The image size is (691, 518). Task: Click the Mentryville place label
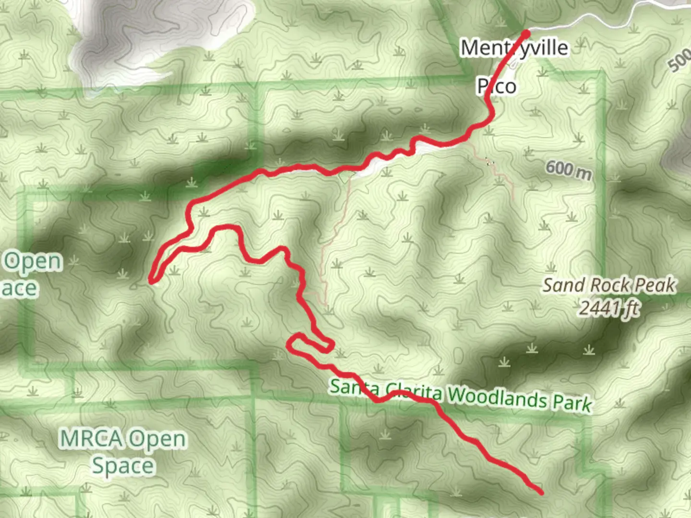click(x=514, y=48)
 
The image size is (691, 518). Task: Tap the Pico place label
click(x=497, y=86)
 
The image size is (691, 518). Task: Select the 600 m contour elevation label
click(x=568, y=170)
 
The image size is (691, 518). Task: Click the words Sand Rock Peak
click(x=609, y=285)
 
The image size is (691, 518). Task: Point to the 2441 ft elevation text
click(x=609, y=308)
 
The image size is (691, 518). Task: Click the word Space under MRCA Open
click(x=123, y=465)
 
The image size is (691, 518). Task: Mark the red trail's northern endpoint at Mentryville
click(x=526, y=34)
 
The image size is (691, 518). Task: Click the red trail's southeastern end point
click(x=541, y=492)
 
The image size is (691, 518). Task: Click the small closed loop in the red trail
click(x=310, y=343)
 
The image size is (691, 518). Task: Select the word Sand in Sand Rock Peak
click(x=560, y=285)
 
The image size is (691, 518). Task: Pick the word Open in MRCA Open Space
click(x=157, y=439)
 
